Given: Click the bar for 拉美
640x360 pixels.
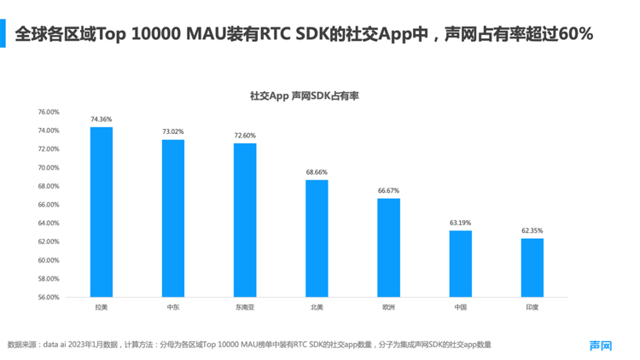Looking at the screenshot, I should tap(102, 212).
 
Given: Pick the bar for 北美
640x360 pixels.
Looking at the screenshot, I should tap(317, 239).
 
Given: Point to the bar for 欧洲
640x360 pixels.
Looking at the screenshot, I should tap(388, 247).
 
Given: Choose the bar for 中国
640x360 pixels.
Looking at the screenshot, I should tap(460, 264).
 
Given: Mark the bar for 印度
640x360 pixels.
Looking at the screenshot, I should tap(532, 268).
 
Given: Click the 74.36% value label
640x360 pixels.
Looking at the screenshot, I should tap(102, 119).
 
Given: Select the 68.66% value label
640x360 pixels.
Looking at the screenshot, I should tap(317, 172).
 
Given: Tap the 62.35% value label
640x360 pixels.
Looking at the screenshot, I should tap(532, 230).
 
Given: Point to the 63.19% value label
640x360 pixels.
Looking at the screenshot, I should tap(460, 223).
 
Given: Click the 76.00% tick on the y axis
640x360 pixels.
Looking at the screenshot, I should tap(48, 112).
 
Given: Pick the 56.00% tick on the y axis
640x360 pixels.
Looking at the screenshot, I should tap(48, 298).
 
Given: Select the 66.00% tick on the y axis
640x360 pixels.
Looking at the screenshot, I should tap(48, 205).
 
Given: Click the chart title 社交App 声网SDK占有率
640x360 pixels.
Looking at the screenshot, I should tap(304, 96).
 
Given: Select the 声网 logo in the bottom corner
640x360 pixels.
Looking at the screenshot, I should tap(601, 345).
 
